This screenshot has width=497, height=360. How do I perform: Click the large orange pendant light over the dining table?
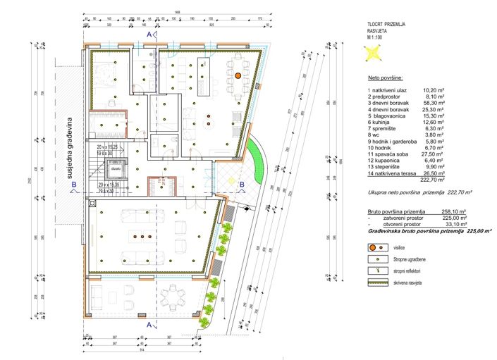coord(238,74)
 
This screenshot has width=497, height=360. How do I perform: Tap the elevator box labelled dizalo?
coord(114,169)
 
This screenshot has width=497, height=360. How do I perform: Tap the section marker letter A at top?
coord(148,34)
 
